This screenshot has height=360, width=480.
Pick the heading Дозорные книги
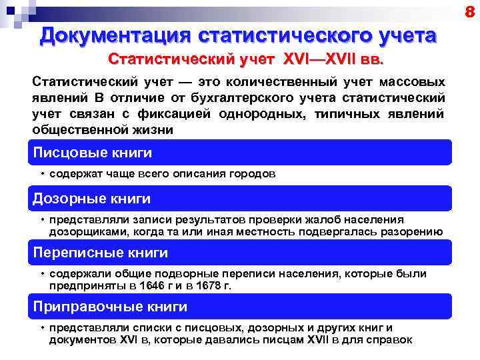tap(92, 199)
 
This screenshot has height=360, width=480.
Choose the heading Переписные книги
tap(101, 253)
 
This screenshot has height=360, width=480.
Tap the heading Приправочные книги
tap(111, 307)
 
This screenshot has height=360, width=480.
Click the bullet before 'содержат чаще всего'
tap(41, 173)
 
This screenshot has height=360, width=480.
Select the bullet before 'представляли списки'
tap(41, 327)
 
